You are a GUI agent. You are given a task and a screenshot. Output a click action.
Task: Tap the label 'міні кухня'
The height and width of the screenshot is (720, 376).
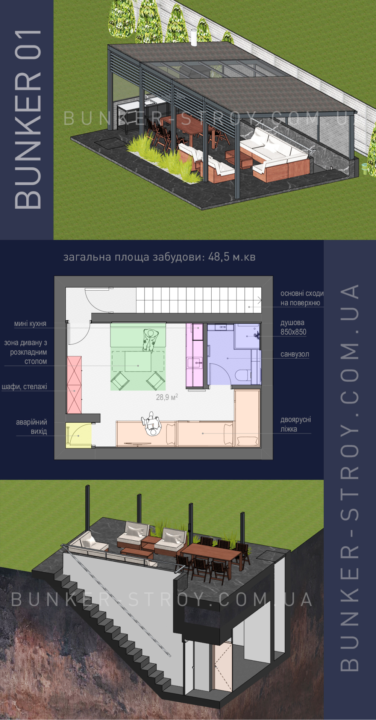(30, 324)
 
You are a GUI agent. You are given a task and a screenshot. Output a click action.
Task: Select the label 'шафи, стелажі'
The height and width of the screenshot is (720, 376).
(24, 387)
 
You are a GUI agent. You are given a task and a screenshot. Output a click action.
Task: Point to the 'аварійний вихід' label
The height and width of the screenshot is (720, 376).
(32, 427)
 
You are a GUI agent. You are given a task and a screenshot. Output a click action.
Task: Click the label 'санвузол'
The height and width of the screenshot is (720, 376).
(295, 354)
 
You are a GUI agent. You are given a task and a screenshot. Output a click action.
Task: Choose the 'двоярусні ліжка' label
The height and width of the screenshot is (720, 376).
(296, 424)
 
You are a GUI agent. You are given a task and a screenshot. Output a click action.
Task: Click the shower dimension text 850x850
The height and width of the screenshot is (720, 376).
(293, 332)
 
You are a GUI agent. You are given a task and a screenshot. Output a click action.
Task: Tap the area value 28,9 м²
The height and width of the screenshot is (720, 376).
(167, 397)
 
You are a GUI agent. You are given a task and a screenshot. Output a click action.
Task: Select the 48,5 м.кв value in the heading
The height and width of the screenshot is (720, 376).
(232, 257)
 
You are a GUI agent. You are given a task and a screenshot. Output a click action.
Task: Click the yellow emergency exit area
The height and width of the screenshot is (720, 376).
(79, 435)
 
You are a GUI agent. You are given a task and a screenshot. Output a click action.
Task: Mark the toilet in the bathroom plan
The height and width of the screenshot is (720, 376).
(243, 375)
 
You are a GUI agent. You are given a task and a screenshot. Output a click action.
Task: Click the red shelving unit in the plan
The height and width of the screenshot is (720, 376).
(74, 385)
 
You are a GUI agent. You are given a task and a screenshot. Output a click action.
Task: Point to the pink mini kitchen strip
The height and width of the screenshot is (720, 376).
(195, 356)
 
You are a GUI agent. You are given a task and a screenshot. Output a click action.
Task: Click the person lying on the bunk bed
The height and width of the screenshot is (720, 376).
(152, 424)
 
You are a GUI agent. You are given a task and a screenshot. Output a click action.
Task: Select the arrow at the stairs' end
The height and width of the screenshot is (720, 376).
(259, 300)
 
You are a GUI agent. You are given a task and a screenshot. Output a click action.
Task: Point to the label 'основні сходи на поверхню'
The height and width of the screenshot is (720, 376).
(302, 298)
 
